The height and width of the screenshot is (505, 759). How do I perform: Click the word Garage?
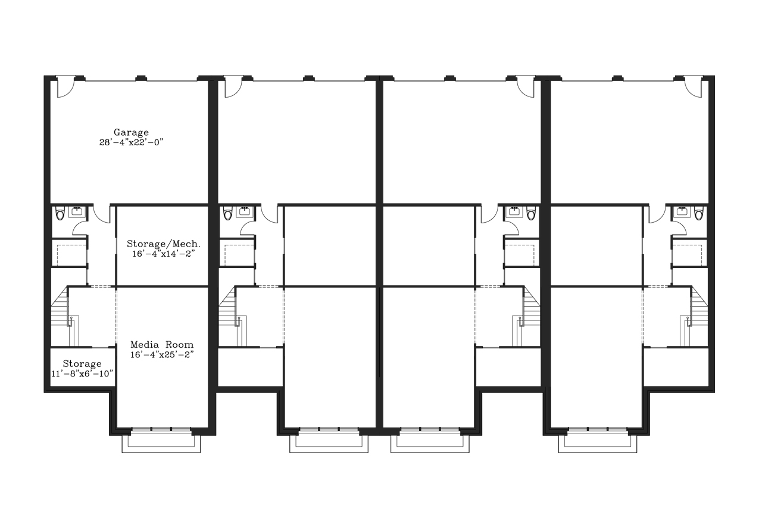tap(131, 132)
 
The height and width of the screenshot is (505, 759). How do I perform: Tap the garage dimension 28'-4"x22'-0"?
tap(131, 142)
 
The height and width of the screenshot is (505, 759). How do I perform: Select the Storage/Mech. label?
tap(164, 244)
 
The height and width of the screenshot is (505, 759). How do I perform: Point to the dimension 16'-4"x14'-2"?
tap(164, 254)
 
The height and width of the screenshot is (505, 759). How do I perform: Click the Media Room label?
tap(162, 345)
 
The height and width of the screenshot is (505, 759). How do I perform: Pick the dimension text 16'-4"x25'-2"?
tap(162, 355)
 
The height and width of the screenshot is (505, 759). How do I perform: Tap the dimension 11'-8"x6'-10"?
tap(82, 374)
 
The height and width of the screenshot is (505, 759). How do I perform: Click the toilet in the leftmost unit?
tap(60, 213)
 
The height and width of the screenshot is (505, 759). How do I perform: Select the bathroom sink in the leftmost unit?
tap(77, 211)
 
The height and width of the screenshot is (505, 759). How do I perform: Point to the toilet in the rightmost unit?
tap(698, 213)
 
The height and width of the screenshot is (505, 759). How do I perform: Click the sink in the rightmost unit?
tap(682, 211)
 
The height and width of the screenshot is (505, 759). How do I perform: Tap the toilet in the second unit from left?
tap(227, 213)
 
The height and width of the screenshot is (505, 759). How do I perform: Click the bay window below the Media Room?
tap(161, 440)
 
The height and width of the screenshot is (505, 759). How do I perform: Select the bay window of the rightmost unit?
tap(598, 440)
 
